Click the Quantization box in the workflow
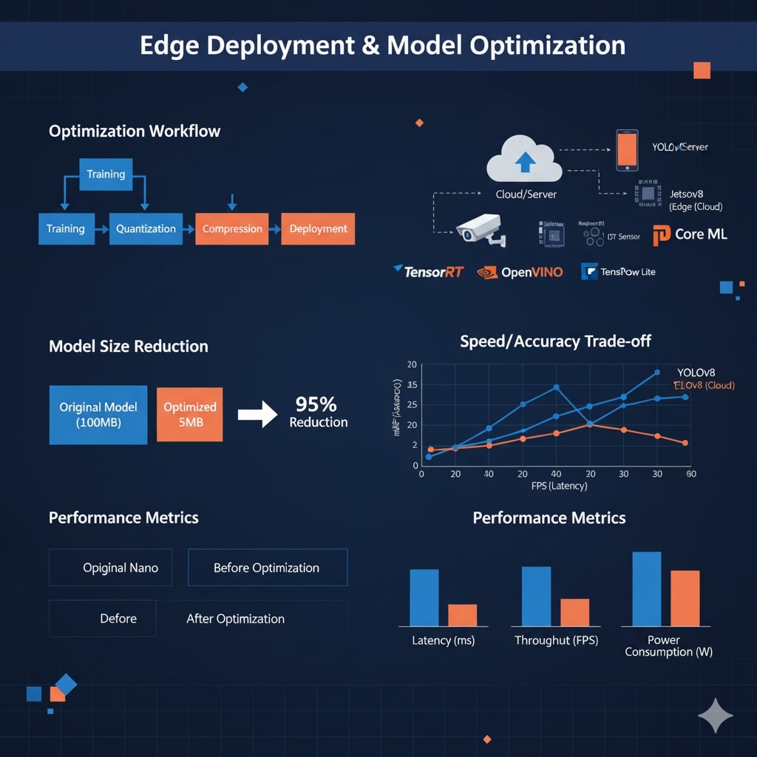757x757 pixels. (x=146, y=229)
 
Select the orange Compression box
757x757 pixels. (x=232, y=229)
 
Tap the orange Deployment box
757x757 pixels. (x=318, y=229)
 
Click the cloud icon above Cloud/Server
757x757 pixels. (x=524, y=160)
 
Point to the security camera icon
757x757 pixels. (x=478, y=231)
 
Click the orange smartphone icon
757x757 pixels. (x=627, y=151)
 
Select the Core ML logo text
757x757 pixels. (x=700, y=234)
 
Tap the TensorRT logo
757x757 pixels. (x=429, y=271)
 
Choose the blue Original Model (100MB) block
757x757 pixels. (x=98, y=415)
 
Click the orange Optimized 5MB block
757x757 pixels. (x=190, y=415)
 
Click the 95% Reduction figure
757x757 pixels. (x=317, y=413)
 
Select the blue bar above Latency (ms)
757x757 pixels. (x=424, y=597)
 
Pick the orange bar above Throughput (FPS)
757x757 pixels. (x=574, y=612)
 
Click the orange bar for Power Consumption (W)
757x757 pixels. (x=685, y=598)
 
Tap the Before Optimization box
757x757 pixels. (x=267, y=568)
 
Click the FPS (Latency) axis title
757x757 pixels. (x=559, y=486)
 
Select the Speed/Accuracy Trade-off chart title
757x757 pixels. (x=555, y=342)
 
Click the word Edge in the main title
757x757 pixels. (x=170, y=45)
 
